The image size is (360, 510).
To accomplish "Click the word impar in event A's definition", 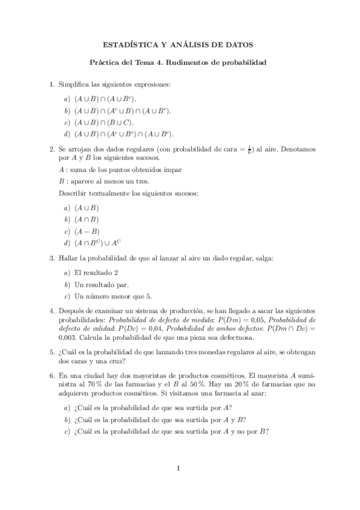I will pos(172,170).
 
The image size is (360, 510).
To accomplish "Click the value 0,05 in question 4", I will pos(261,321).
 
